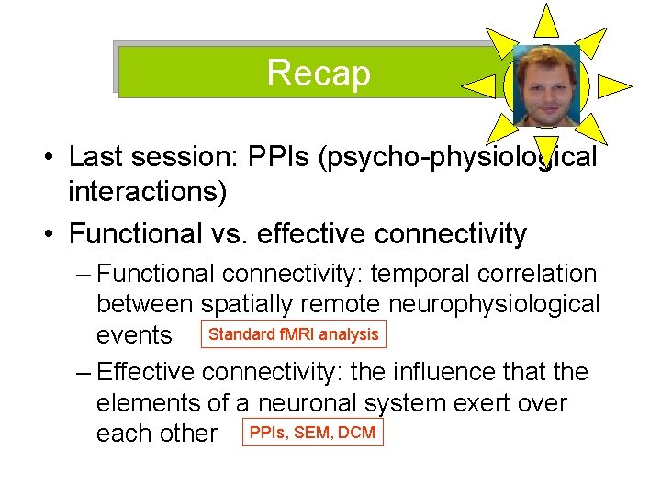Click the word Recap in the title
pyautogui.click(x=319, y=72)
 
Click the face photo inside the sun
pyautogui.click(x=546, y=86)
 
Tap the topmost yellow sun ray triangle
pyautogui.click(x=546, y=20)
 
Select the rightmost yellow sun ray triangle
pyautogui.click(x=614, y=86)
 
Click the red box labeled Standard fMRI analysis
pyautogui.click(x=294, y=334)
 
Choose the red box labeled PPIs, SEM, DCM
pyautogui.click(x=313, y=433)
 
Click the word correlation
pyautogui.click(x=540, y=274)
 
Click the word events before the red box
pyautogui.click(x=134, y=335)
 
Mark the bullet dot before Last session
pyautogui.click(x=46, y=158)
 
